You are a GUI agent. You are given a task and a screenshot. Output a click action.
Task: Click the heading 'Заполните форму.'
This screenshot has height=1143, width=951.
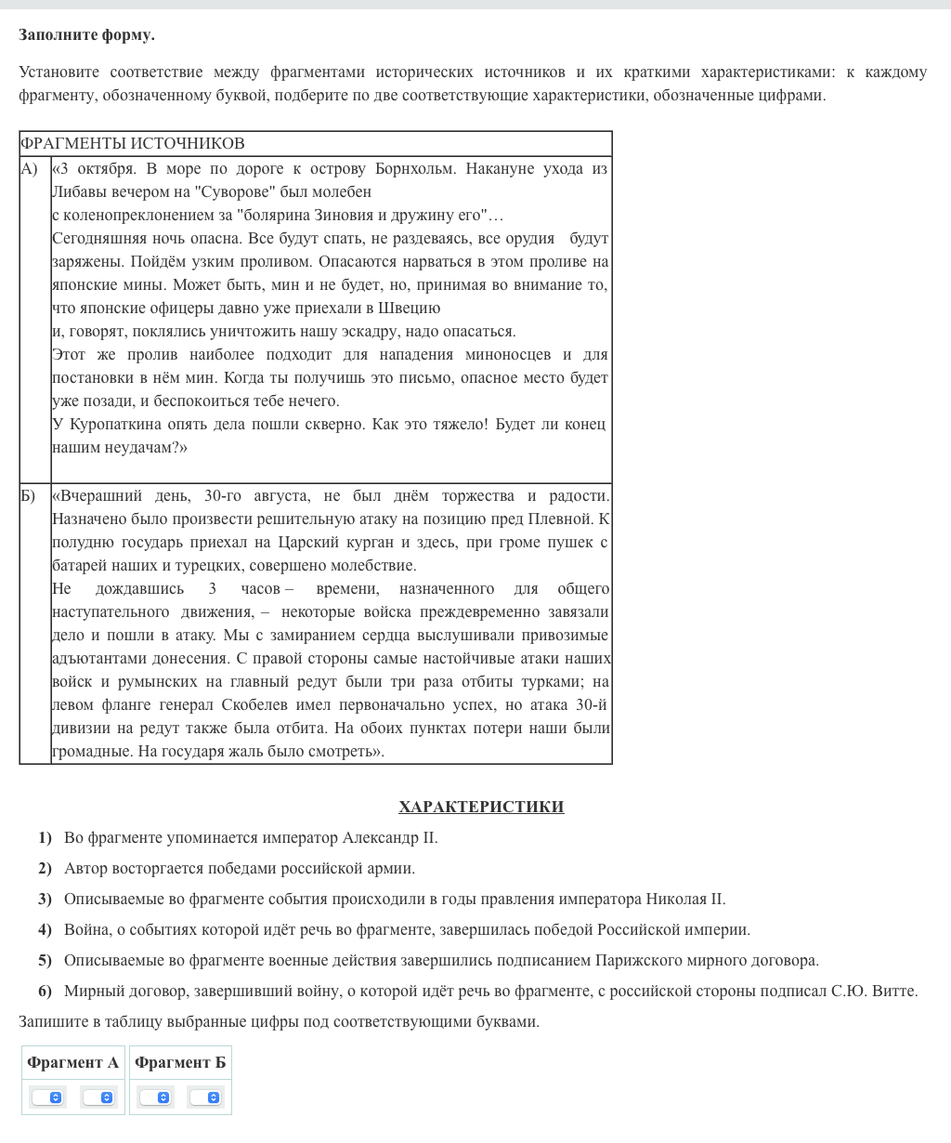[x=86, y=35]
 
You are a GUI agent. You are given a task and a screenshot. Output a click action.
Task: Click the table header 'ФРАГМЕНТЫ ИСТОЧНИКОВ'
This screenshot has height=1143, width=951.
[x=132, y=143]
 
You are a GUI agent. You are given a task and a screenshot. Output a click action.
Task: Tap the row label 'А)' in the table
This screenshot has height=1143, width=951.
[x=30, y=168]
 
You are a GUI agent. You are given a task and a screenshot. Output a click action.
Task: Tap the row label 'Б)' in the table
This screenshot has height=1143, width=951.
[x=29, y=495]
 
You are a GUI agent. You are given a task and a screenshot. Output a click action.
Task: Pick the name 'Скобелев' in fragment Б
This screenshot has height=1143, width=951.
[x=280, y=705]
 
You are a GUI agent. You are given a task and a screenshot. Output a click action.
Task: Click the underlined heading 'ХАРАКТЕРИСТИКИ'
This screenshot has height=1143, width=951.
[x=481, y=807]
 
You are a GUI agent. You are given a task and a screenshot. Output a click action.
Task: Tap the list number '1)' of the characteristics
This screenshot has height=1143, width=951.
[x=45, y=838]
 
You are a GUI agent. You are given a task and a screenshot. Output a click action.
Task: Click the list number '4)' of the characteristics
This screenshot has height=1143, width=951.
[x=45, y=930]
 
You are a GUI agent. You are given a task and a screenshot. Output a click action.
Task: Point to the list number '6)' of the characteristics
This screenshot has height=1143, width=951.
[x=45, y=992]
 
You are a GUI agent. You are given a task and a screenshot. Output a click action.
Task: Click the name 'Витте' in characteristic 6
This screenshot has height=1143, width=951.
[x=894, y=992]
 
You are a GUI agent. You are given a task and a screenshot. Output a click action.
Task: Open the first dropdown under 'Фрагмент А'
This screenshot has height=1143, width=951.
[x=47, y=1097]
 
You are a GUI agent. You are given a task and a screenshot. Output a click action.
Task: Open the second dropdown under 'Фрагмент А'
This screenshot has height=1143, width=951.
[x=98, y=1097]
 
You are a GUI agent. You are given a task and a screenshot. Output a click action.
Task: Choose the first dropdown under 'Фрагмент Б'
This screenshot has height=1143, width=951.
[x=155, y=1097]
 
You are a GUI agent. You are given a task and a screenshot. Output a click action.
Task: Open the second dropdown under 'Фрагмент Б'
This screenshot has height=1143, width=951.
[x=205, y=1097]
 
